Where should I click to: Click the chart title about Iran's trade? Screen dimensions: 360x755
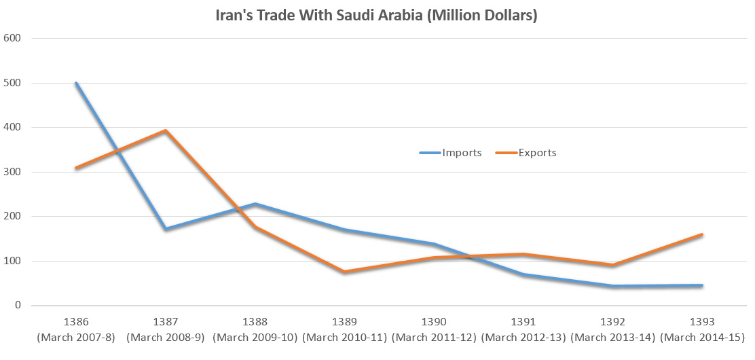pyautogui.click(x=377, y=16)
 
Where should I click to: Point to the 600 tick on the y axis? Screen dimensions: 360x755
pyautogui.click(x=13, y=38)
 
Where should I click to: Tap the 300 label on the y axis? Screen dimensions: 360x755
pyautogui.click(x=13, y=172)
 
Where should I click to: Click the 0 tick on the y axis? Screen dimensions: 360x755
pyautogui.click(x=18, y=306)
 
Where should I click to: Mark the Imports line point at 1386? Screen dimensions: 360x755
pyautogui.click(x=76, y=83)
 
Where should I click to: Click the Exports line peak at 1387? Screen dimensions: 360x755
pyautogui.click(x=165, y=130)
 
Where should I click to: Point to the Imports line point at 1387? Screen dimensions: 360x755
pyautogui.click(x=165, y=229)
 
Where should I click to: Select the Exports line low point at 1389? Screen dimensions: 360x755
pyautogui.click(x=344, y=272)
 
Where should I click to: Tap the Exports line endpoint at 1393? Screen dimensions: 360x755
pyautogui.click(x=702, y=235)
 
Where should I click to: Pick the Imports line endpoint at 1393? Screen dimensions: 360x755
pyautogui.click(x=702, y=285)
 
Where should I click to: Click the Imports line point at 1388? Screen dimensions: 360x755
pyautogui.click(x=255, y=204)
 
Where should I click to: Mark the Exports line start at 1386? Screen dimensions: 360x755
pyautogui.click(x=76, y=168)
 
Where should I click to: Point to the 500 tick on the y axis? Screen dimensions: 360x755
pyautogui.click(x=13, y=83)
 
